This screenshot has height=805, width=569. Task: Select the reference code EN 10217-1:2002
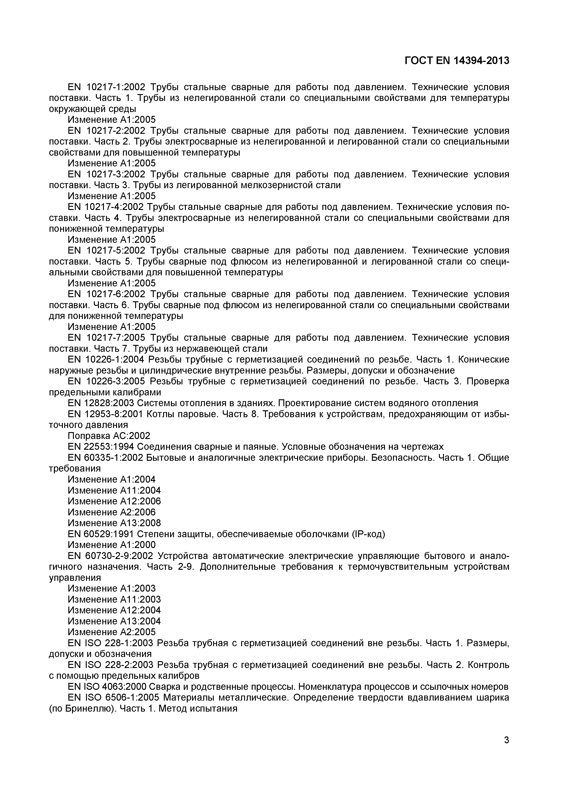pos(106,87)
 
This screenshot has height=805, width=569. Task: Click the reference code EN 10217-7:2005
pos(106,338)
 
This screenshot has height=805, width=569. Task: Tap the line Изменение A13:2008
pos(114,523)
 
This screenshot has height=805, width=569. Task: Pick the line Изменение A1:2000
pos(112,545)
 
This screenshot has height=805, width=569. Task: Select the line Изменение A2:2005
pos(112,632)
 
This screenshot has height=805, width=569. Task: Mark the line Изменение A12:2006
pos(114,501)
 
